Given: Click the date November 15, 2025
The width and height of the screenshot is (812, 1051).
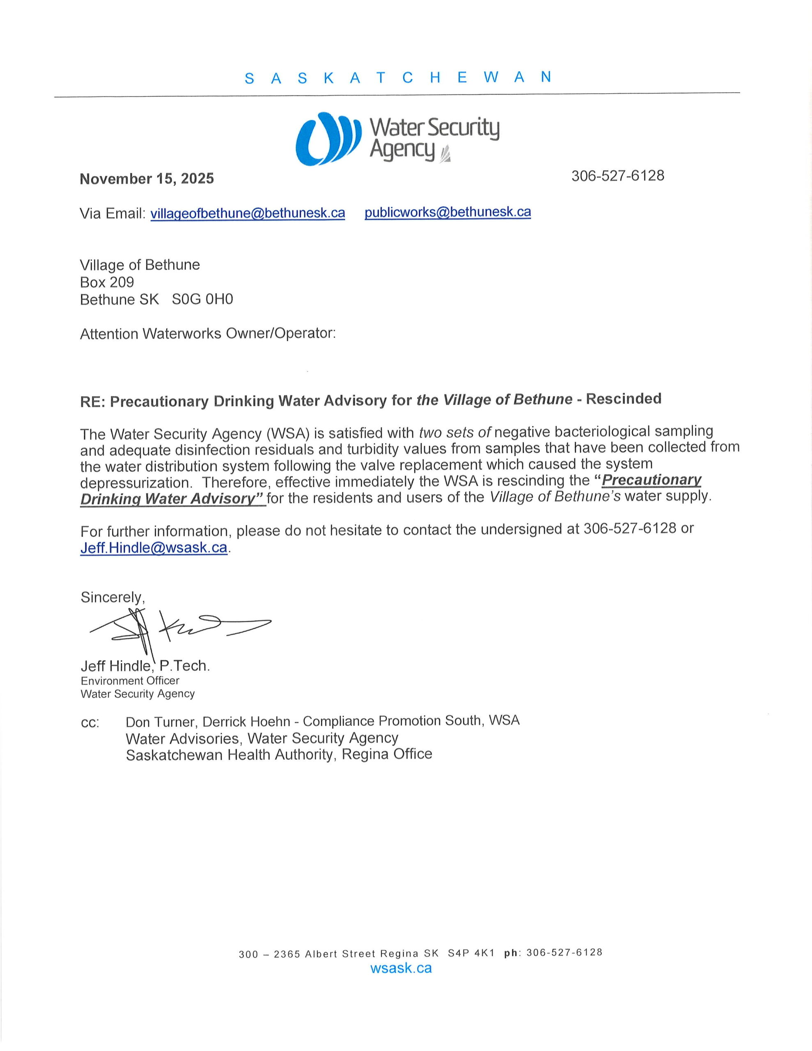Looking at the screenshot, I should click(147, 179).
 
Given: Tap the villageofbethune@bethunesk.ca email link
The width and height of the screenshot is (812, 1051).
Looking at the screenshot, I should click(248, 213).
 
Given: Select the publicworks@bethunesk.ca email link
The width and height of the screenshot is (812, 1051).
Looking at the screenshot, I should click(447, 212).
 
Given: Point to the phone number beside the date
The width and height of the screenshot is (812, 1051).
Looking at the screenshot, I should click(617, 176).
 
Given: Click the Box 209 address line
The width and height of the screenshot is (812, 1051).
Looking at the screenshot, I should click(107, 282).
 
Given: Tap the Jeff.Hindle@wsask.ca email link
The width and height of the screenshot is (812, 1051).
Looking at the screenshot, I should click(154, 548).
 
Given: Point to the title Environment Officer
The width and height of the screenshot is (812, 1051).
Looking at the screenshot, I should click(130, 680).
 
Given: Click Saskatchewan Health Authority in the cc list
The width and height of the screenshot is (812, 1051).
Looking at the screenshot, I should click(229, 755).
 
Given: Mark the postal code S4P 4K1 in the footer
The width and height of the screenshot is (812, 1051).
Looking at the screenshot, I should click(471, 953).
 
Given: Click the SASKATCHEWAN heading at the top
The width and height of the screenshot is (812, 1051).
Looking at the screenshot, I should click(397, 78).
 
